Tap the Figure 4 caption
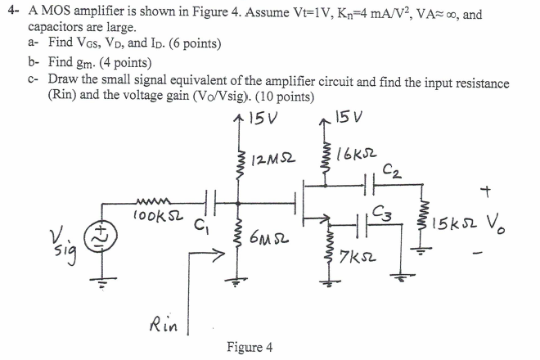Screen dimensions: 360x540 249,348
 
